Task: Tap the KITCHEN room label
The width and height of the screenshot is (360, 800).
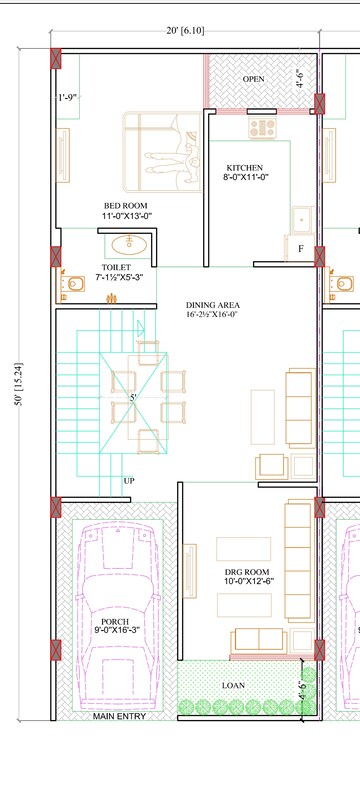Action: tap(245, 168)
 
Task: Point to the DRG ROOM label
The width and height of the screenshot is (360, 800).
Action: tap(247, 572)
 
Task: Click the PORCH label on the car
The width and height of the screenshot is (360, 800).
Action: tap(115, 622)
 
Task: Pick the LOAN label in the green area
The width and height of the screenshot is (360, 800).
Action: tap(233, 686)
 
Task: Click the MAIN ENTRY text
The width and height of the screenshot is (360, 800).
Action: tap(119, 716)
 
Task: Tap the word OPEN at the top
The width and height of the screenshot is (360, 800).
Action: tap(253, 79)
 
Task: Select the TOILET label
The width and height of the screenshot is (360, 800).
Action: tap(116, 267)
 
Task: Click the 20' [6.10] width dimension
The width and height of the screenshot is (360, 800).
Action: tap(185, 31)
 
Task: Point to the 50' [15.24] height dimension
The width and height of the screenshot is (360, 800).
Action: tap(20, 384)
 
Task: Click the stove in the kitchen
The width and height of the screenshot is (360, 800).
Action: tap(263, 128)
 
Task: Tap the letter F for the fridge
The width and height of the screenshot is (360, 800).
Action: tap(301, 249)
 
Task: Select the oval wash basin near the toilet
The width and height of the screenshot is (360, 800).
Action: tap(129, 244)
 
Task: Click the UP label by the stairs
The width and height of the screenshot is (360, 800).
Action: tap(129, 481)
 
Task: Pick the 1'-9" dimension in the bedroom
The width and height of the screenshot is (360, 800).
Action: tap(67, 97)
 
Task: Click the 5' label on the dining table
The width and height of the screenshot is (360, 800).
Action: tap(133, 397)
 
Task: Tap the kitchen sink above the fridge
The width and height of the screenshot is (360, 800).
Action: tap(302, 220)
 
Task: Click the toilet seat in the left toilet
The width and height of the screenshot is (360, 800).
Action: tap(74, 284)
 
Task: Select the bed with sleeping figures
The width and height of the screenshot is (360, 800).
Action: tap(162, 152)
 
